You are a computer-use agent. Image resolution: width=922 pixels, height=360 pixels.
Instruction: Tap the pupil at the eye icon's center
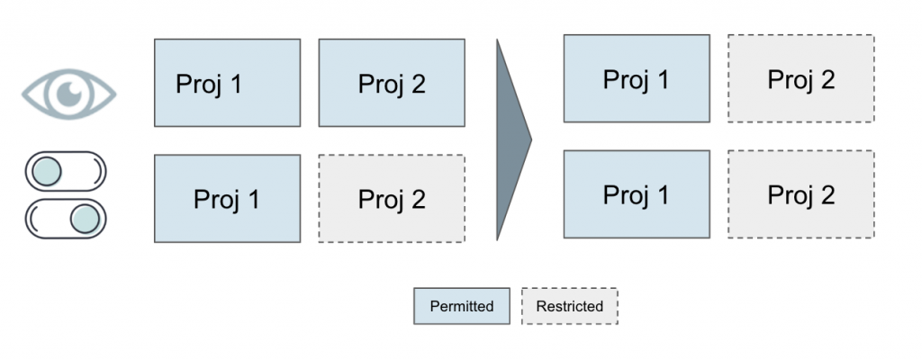(x=69, y=92)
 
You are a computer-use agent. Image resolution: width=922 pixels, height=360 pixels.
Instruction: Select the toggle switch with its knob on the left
(x=66, y=169)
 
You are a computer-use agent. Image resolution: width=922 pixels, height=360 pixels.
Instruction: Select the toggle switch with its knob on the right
(x=66, y=218)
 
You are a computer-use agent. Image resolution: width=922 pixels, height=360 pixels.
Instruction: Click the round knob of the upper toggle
(x=46, y=169)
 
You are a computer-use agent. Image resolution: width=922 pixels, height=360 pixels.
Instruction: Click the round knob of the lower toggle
(x=86, y=218)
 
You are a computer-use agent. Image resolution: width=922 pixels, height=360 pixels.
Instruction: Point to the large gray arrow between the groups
(x=511, y=139)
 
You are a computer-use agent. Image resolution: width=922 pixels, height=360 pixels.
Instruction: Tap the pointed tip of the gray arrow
(x=530, y=139)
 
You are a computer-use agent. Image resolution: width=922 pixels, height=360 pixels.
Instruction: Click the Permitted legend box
(x=462, y=306)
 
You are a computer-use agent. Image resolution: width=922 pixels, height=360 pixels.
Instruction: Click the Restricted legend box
(x=569, y=306)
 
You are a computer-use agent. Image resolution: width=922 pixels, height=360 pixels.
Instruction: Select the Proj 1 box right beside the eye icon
(x=227, y=83)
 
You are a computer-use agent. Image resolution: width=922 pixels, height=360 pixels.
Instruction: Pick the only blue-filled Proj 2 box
(x=392, y=83)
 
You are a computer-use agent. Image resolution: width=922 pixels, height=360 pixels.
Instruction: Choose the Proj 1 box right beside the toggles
(x=227, y=198)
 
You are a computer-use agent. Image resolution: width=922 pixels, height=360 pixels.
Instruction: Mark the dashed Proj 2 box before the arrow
(x=392, y=198)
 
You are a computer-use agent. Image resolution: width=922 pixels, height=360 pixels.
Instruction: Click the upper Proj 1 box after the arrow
(x=636, y=78)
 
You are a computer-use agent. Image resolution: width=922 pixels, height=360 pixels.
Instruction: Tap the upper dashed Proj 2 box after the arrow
(x=800, y=78)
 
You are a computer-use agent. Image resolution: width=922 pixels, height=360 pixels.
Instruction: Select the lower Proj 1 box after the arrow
(x=636, y=193)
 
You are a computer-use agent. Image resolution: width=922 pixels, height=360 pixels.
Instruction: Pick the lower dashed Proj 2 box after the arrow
(x=800, y=193)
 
